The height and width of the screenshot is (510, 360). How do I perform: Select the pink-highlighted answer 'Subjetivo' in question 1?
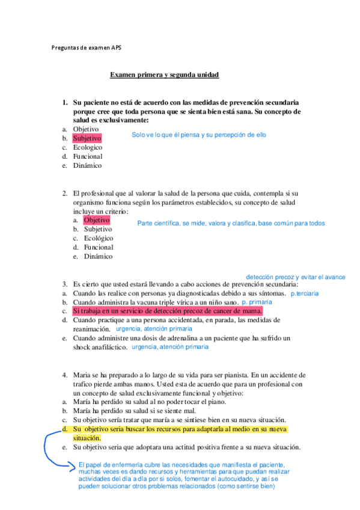pos(87,138)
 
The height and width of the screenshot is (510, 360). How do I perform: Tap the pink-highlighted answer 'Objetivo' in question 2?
pos(97,220)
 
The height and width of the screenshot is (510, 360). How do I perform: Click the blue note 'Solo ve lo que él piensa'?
pos(198,135)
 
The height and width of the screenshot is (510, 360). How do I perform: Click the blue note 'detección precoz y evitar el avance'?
pos(295,277)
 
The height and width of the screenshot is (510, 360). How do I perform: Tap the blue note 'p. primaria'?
pos(257,302)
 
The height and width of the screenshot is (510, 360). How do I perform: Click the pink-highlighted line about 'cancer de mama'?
pos(167,311)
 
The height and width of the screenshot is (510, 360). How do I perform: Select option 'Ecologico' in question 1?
pos(88,147)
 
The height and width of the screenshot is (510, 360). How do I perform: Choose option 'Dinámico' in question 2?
pos(99,256)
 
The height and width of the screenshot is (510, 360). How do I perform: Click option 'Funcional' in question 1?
pos(88,156)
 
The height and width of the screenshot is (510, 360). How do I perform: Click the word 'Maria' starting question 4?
pos(82,375)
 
